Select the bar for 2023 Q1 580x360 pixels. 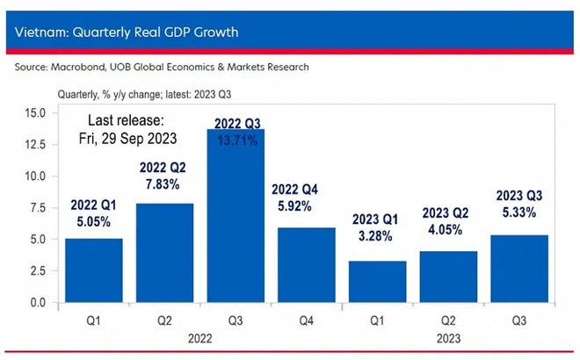(378, 282)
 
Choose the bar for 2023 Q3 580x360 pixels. (519, 269)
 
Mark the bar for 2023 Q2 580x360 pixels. (448, 277)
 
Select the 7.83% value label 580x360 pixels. (164, 185)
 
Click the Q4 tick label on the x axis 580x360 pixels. (307, 320)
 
